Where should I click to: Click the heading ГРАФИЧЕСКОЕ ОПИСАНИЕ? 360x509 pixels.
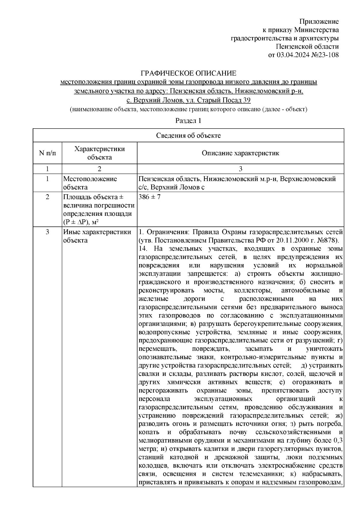pos(189,73)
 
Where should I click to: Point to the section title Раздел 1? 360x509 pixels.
pos(188,121)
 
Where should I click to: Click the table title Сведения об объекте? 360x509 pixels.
pos(188,135)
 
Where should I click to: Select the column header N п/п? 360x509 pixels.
pos(47,153)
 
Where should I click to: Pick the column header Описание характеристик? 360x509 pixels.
pos(240,153)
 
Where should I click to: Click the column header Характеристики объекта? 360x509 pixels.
pos(100,153)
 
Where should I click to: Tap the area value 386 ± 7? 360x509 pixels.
pos(150,198)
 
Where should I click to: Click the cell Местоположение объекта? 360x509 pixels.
pos(90,183)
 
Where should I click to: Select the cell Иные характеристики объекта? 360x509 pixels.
pos(97,236)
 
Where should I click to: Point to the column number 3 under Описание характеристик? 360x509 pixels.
pos(240,169)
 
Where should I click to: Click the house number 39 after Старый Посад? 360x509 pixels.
pos(247,100)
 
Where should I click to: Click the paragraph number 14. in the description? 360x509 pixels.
pos(143,249)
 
